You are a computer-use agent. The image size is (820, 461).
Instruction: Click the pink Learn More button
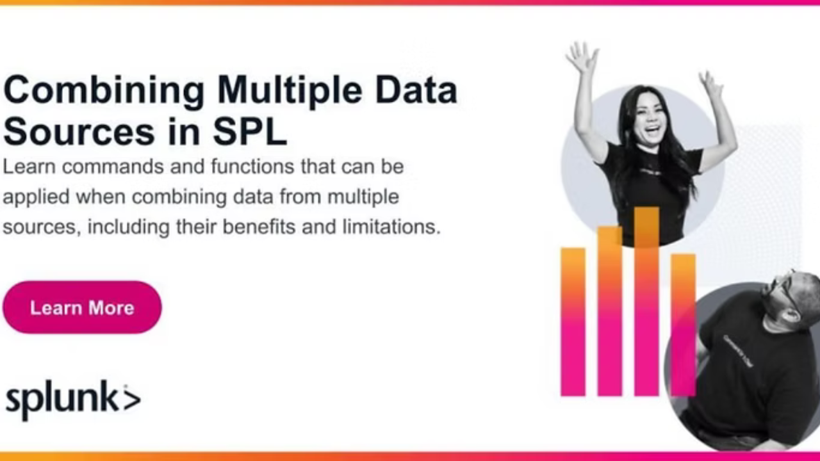82,307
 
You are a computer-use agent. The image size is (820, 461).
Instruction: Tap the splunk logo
73,400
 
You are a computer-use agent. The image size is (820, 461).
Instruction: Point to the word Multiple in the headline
290,90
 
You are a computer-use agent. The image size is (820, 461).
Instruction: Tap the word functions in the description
252,166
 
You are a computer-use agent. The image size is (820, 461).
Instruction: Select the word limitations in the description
391,227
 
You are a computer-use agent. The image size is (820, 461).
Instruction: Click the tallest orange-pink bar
646,302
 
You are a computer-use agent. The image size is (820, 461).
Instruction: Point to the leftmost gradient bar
573,322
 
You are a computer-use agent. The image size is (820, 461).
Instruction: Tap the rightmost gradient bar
683,325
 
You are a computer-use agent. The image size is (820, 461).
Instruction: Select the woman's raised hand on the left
582,57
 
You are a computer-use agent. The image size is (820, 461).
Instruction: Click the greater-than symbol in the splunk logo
132,400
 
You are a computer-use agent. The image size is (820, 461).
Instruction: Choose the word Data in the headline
416,90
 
